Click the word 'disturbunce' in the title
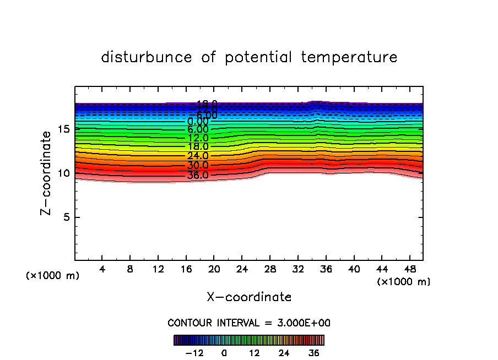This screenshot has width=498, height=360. [147, 57]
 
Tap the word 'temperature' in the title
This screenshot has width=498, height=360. [349, 57]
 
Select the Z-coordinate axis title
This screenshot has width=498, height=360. [48, 173]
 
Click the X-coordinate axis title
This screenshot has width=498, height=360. [249, 297]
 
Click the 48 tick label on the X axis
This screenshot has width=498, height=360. [409, 270]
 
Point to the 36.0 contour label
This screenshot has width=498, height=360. [198, 176]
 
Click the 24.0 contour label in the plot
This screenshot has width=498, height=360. [198, 156]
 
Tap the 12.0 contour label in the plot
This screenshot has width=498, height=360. [198, 138]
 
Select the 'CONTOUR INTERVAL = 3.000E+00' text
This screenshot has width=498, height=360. [249, 323]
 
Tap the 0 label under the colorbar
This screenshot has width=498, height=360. [224, 353]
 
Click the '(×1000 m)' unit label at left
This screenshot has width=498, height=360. [53, 276]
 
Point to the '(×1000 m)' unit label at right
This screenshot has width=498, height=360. [404, 282]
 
